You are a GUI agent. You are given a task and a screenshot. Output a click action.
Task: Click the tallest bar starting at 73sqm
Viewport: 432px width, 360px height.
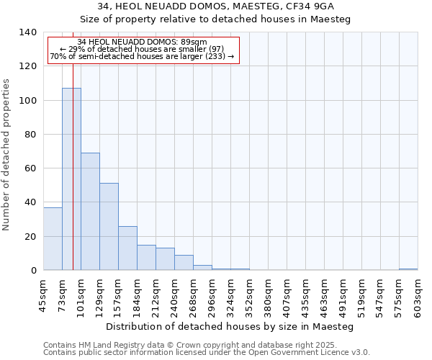71,179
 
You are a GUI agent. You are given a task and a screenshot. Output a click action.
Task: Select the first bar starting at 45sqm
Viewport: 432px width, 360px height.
53,238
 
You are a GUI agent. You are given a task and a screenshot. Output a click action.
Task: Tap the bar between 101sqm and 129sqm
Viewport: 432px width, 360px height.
90,212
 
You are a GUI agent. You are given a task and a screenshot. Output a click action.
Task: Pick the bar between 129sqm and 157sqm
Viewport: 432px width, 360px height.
109,227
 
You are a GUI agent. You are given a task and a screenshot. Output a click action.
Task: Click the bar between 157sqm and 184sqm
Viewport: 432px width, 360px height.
127,248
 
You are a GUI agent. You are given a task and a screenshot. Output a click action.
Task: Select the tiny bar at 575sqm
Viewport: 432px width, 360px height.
408,269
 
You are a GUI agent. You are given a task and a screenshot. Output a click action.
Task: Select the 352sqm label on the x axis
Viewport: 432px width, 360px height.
249,296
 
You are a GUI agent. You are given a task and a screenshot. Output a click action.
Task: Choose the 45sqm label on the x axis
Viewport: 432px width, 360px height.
43,294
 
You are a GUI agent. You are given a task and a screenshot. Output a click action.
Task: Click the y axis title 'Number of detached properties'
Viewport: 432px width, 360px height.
6,155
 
